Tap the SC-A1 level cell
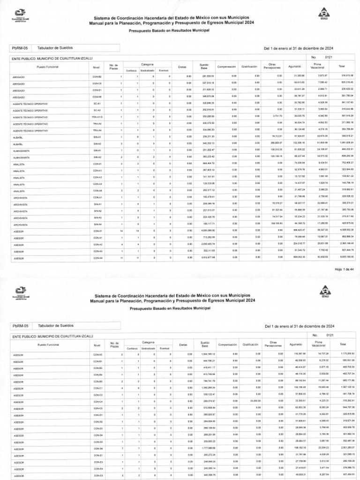[x=97, y=103]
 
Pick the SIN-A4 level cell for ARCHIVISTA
[x=97, y=225]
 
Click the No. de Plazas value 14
[x=121, y=231]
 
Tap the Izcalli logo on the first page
[x=323, y=15]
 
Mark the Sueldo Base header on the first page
[x=203, y=67]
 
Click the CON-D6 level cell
[x=97, y=449]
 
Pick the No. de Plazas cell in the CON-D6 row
[x=121, y=449]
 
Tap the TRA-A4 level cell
[x=97, y=130]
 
